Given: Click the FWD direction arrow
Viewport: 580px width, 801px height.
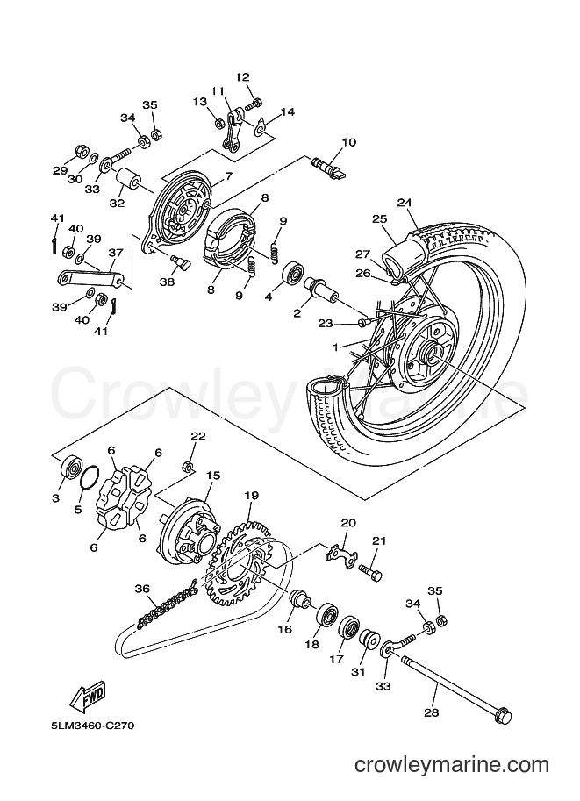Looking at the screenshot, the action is [88, 695].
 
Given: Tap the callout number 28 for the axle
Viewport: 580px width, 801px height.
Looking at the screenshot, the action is [432, 712].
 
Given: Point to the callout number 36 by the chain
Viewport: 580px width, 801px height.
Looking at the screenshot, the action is [142, 589].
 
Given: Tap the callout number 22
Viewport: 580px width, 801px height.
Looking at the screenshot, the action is [198, 436].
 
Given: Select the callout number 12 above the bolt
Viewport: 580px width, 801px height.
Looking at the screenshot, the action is [242, 77].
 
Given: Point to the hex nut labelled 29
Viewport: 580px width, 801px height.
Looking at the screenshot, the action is [80, 151].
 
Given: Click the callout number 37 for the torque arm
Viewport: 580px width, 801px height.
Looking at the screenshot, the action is [116, 254].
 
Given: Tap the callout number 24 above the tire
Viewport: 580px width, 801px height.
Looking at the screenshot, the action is [405, 203].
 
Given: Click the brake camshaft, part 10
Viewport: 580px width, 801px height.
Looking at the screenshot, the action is [328, 167].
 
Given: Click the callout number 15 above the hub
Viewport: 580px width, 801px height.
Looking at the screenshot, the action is [213, 476].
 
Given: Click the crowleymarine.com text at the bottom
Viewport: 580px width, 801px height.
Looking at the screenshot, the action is [452, 765].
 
